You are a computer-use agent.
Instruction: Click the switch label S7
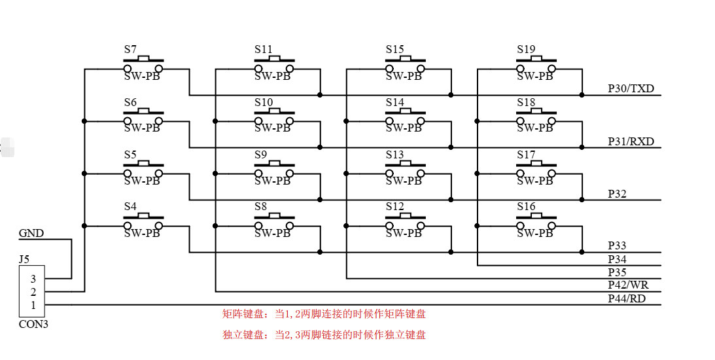point(130,49)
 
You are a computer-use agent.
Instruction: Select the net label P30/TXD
point(631,88)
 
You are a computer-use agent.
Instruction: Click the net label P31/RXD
point(631,141)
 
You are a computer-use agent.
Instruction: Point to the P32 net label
point(617,194)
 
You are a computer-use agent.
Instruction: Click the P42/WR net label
point(628,285)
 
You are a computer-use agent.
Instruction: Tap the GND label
point(31,233)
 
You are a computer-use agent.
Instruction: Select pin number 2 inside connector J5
point(33,292)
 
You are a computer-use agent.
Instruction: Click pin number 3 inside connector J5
point(33,279)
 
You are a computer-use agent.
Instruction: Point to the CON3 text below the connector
point(33,324)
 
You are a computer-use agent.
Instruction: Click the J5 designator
point(24,259)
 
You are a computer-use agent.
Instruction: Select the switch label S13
point(394,154)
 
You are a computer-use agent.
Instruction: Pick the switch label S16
point(526,207)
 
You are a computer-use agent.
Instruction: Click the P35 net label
point(617,272)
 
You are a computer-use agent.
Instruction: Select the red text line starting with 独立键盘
point(324,335)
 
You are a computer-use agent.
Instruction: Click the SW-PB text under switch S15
point(404,76)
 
